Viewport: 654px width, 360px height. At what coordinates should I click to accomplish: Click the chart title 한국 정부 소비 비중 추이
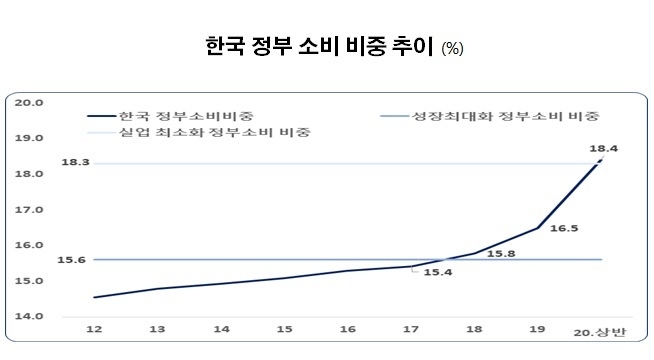click(x=317, y=47)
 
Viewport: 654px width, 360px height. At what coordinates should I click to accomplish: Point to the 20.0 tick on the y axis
click(x=29, y=102)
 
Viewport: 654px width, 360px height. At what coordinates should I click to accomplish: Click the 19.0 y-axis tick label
click(x=29, y=138)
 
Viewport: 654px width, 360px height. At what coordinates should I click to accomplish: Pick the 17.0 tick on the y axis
click(x=29, y=210)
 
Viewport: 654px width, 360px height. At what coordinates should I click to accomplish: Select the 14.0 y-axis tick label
click(x=29, y=316)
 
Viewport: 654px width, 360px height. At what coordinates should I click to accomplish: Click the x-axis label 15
click(x=285, y=328)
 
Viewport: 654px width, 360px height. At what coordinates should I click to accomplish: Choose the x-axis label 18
click(x=476, y=328)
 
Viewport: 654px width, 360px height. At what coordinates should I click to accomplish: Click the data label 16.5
click(x=565, y=229)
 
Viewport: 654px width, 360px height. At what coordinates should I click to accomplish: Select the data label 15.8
click(x=501, y=254)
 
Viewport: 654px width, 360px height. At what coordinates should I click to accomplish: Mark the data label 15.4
click(x=438, y=272)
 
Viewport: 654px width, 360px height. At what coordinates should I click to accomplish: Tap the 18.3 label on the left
click(x=75, y=162)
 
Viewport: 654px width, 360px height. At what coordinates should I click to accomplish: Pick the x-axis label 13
click(x=157, y=328)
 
